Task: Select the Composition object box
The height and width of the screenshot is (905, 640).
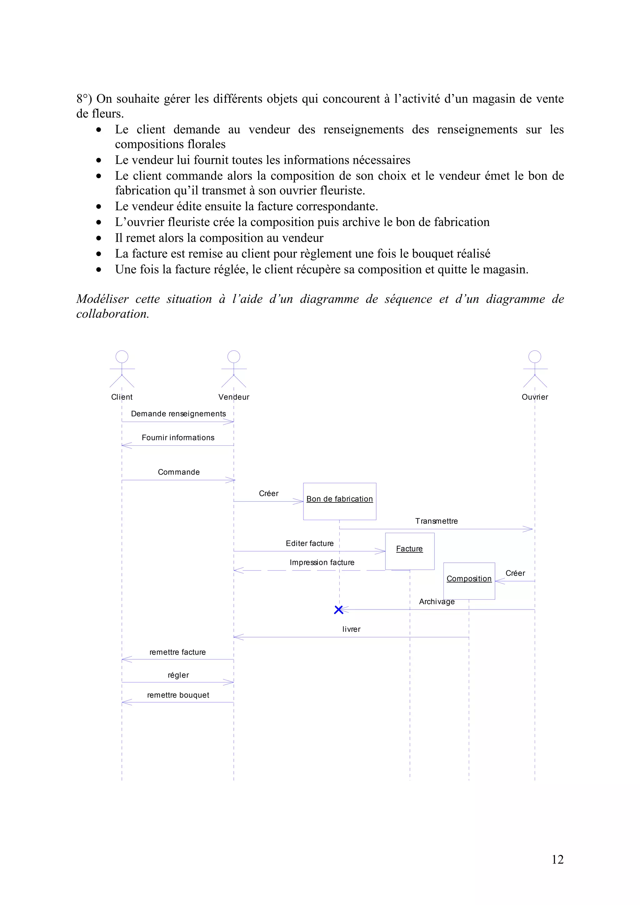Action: click(x=469, y=581)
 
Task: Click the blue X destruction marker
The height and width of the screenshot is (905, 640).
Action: click(x=338, y=610)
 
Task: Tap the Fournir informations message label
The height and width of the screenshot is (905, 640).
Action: click(x=178, y=438)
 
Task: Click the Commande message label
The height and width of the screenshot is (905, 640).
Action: click(x=179, y=472)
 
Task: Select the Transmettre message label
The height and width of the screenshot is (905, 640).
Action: click(x=436, y=521)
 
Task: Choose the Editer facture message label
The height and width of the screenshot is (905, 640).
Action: click(x=310, y=544)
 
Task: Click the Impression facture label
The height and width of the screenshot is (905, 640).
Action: click(x=322, y=562)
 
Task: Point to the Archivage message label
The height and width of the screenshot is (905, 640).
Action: click(x=437, y=601)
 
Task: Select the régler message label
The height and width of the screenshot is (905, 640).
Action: click(x=178, y=675)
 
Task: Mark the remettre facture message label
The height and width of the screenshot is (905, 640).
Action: click(x=177, y=652)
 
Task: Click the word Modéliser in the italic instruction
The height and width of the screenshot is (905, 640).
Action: click(x=102, y=299)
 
